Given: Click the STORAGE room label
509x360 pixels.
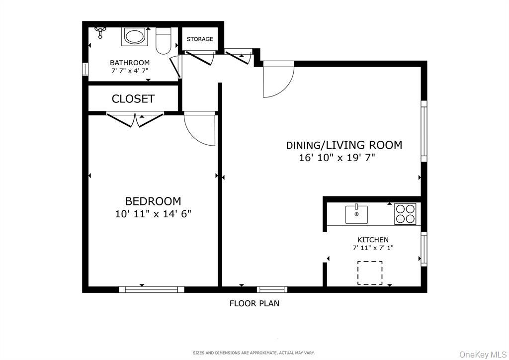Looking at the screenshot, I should pos(200,39).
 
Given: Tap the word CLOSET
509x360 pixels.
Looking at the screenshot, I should pos(133,99).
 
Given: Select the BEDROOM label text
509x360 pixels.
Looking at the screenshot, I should pos(153,201).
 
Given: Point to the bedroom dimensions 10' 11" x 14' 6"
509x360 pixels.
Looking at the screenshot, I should pos(153,214).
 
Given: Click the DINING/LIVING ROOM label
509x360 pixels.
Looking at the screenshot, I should pos(344,145).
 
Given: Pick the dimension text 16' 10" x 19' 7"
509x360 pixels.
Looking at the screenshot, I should pos(337,158).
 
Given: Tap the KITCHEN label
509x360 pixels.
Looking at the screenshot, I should pos(373,240).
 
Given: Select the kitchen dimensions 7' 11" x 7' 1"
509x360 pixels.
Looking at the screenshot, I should pos(373,248).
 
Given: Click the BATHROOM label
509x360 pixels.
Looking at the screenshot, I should pos(130,63).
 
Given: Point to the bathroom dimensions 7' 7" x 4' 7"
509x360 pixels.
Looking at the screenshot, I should pos(130,71).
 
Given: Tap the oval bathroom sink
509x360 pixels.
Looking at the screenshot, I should pos(134,36).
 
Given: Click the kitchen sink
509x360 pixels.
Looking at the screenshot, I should pos(356,214).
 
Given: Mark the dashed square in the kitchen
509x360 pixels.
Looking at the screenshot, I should pos(370,272).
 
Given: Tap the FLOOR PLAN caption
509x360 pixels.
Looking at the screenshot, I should pos(254,303).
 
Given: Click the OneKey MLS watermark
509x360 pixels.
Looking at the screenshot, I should pos(482,354).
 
